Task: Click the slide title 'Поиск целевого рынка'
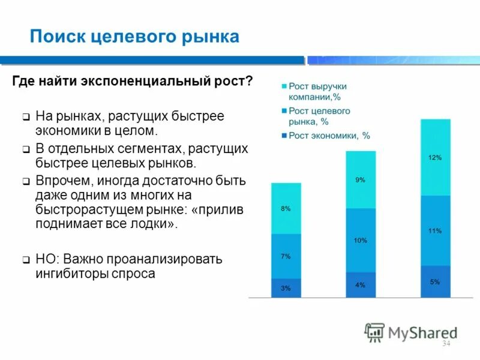[x=134, y=37]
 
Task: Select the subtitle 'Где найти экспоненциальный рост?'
[x=133, y=81]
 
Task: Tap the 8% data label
[x=286, y=209]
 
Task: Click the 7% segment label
[x=286, y=256]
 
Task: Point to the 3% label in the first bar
[x=286, y=288]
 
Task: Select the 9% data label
[x=360, y=179]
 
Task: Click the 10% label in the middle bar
[x=360, y=240]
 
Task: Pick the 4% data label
[x=360, y=285]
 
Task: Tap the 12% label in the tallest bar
[x=435, y=157]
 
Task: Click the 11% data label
[x=435, y=230]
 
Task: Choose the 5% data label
[x=435, y=281]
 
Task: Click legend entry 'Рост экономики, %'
[x=329, y=136]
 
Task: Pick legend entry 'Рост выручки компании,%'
[x=317, y=91]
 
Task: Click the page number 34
[x=446, y=344]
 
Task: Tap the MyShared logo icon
[x=374, y=332]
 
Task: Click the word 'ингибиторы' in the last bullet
[x=67, y=274]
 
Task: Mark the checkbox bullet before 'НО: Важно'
[x=26, y=260]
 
